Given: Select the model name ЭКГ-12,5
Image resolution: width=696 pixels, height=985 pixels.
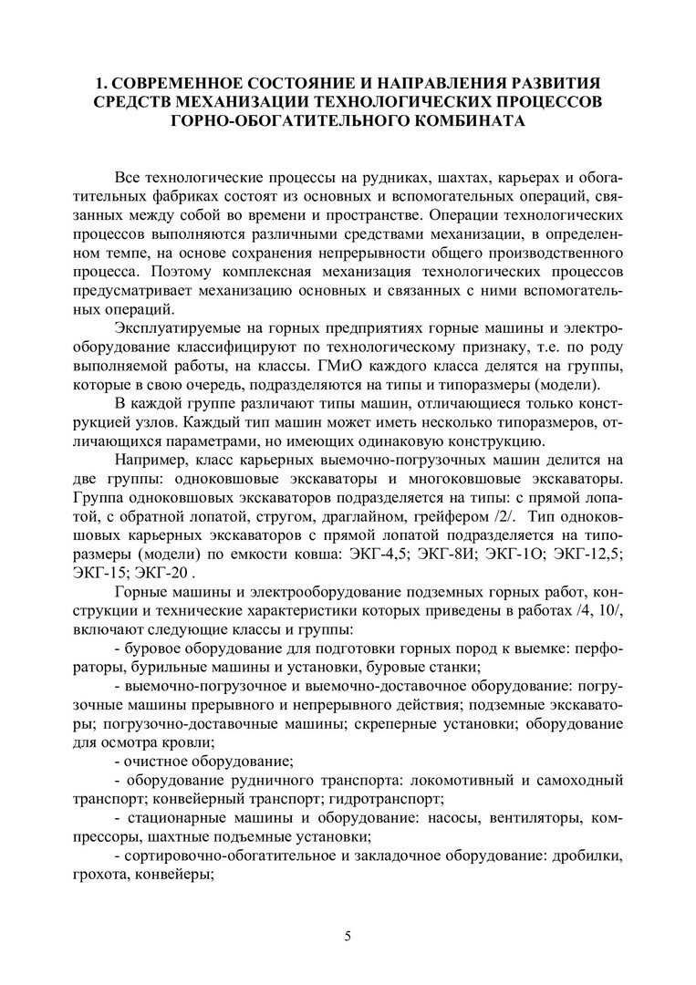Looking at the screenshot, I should coord(592,555).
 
